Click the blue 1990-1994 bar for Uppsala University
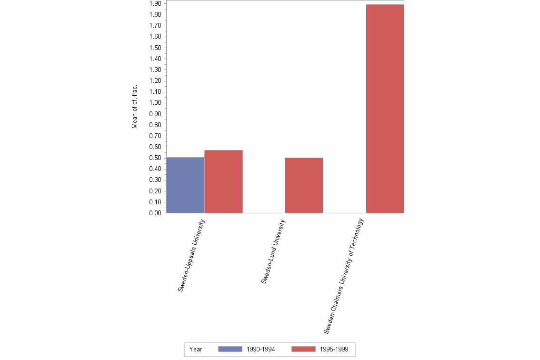[185, 185]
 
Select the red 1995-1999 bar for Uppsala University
[223, 181]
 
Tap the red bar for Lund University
[304, 185]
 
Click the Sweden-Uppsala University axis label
[191, 255]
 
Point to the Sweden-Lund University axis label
[273, 251]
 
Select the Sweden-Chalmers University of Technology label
[343, 275]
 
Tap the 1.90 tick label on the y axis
[155, 4]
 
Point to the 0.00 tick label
[155, 213]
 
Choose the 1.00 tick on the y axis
[155, 103]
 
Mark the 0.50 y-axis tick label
[155, 158]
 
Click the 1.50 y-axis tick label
[155, 48]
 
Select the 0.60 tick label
[155, 147]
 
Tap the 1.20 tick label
[155, 81]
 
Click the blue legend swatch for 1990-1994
[230, 349]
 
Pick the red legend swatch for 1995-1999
[303, 349]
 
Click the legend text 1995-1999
[334, 349]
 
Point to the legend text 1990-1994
[261, 349]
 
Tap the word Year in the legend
[196, 349]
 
